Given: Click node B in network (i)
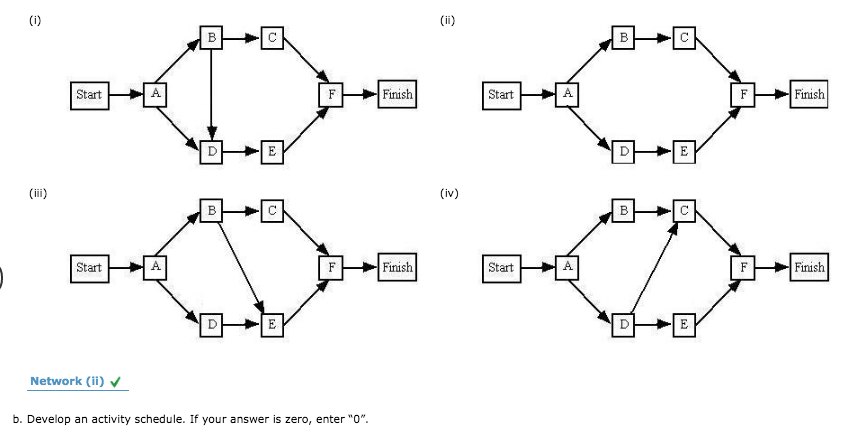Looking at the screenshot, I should click(211, 39).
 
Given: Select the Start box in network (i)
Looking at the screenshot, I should click(88, 95).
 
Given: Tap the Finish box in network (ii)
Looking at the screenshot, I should click(808, 95).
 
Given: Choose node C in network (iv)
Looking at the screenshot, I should click(683, 212).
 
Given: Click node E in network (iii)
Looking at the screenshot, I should click(271, 324).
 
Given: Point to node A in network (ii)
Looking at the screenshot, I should click(567, 95).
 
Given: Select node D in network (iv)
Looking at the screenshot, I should click(624, 324).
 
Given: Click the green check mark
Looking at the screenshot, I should click(118, 381).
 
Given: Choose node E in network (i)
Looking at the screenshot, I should click(271, 152).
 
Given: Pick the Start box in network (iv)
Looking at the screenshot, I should click(500, 268).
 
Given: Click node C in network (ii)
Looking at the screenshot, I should click(683, 39).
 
